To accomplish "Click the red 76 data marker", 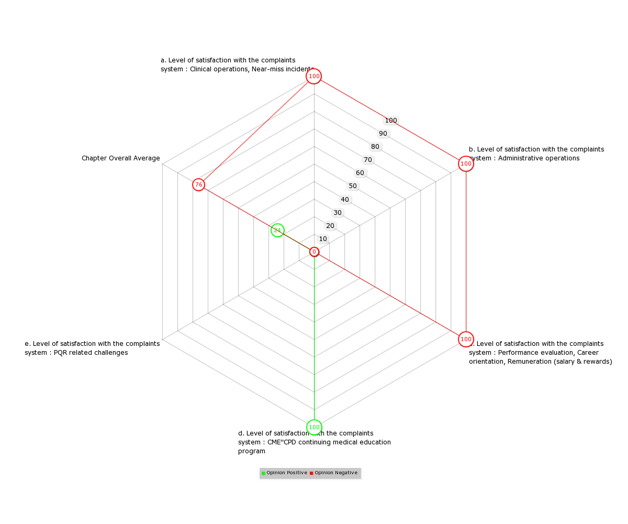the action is click(198, 184).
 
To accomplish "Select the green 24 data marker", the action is click(277, 231).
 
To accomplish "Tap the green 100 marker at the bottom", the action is click(314, 427).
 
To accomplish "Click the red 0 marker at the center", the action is click(314, 252).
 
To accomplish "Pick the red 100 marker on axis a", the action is click(313, 76).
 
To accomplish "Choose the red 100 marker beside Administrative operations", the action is click(466, 164).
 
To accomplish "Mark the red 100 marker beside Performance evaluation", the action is click(466, 339).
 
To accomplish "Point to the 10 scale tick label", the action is click(323, 239).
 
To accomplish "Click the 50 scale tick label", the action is click(353, 186).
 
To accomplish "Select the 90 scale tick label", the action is click(383, 134).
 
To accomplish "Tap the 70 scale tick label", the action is click(367, 160).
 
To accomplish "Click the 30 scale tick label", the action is click(338, 213).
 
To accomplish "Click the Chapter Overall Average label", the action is click(120, 158).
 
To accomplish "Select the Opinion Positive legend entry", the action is click(284, 473).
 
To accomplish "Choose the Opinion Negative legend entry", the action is click(333, 473).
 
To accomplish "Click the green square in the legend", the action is click(263, 473).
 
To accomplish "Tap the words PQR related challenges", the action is click(91, 353).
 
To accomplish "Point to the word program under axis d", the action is click(251, 451).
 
